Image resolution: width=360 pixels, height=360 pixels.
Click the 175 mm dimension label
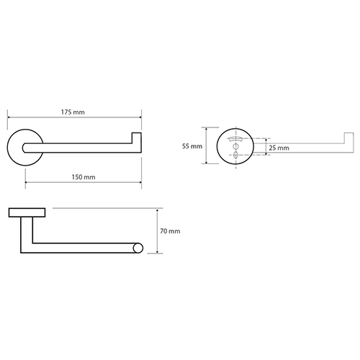73,112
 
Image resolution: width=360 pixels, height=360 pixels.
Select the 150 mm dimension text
84,177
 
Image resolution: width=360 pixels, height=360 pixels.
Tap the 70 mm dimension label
170,231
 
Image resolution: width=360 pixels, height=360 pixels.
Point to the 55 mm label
192,146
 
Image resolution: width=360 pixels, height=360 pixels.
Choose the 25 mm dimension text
279,148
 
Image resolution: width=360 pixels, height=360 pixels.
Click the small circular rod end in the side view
138,248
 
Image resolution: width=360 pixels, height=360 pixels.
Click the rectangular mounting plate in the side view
27,212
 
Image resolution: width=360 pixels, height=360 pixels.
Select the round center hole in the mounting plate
235,146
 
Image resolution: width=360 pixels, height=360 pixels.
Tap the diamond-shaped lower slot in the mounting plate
235,155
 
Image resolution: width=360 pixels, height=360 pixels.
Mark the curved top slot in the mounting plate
235,139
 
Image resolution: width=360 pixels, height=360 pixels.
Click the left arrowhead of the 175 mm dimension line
9,117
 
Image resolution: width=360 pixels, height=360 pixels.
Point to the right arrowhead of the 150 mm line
140,182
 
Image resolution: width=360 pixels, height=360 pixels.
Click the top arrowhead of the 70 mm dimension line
157,210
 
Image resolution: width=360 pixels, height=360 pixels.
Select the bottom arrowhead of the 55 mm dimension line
206,162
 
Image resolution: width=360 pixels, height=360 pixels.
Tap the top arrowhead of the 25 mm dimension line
266,140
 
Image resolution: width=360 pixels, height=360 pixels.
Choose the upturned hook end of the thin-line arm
349,142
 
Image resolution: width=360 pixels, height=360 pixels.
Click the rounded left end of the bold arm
24,148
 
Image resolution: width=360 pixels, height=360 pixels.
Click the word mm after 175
78,112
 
